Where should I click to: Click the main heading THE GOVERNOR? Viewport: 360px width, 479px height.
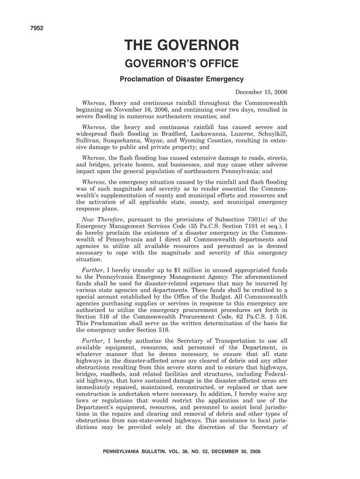coord(181,45)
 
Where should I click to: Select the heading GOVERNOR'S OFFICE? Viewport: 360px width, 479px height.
coord(181,64)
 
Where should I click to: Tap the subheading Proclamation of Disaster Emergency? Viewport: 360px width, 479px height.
coord(181,79)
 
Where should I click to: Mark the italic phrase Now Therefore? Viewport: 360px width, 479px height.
coord(102,219)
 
